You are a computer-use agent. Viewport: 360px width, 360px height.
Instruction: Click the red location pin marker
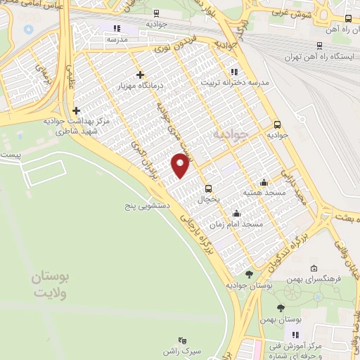coord(181,166)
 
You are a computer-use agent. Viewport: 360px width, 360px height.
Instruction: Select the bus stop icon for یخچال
coord(209,188)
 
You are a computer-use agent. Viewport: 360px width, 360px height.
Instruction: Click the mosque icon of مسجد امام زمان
coord(236,213)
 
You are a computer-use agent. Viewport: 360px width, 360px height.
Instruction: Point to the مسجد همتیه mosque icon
coord(264,181)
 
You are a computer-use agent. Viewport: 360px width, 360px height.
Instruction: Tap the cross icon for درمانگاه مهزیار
coord(140,75)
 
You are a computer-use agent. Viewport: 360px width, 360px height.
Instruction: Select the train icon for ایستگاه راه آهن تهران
coord(319,46)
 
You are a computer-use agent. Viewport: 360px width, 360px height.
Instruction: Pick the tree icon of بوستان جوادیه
coord(248,274)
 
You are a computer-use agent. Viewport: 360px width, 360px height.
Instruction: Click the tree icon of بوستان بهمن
coord(281,308)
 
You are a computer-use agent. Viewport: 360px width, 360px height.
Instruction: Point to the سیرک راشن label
coord(183,349)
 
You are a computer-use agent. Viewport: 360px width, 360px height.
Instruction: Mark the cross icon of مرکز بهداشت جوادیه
coord(76,110)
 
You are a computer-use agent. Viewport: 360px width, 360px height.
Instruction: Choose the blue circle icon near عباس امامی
coord(28,30)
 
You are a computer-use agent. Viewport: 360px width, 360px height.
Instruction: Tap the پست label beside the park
coord(10,153)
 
